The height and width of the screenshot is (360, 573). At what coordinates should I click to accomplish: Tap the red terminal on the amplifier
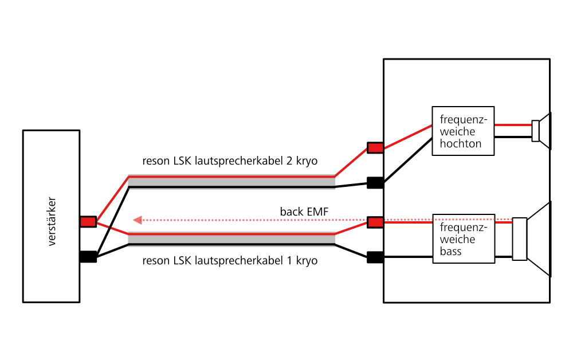pos(88,221)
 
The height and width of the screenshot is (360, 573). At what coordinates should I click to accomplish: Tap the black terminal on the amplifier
pos(88,257)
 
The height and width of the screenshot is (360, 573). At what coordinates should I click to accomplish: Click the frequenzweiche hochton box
pos(463,130)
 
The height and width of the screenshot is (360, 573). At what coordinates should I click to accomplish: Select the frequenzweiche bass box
pos(463,238)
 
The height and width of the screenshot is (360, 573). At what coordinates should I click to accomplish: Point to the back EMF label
pos(304,212)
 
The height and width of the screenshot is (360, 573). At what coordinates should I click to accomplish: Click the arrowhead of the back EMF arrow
pos(137,220)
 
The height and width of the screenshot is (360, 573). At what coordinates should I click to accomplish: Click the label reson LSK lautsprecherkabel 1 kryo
pos(230,261)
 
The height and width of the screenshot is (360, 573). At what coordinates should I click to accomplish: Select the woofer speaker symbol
pos(533,239)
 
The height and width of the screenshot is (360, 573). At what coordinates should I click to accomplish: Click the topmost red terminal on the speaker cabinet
pos(375,148)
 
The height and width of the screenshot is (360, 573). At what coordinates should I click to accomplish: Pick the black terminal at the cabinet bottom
pos(375,257)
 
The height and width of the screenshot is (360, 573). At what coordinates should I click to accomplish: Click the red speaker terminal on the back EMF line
pos(375,222)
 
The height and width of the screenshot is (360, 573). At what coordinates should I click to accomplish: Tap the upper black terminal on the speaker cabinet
pos(375,183)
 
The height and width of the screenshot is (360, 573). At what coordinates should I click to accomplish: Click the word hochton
pos(460,143)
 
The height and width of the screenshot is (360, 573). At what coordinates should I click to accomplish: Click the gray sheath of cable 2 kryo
pos(231,182)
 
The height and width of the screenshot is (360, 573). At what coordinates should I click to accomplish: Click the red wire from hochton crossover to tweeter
pos(513,124)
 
